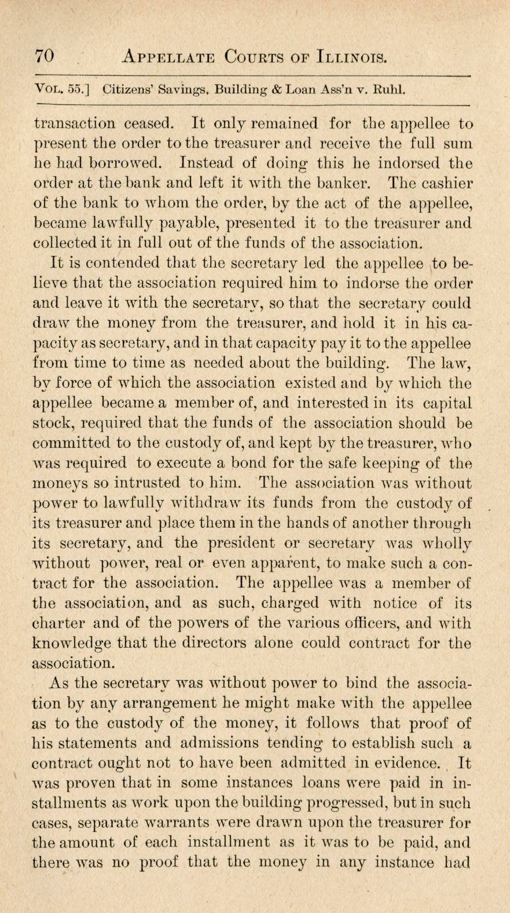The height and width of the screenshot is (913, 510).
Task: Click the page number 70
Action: (45, 57)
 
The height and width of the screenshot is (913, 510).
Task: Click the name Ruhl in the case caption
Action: (388, 90)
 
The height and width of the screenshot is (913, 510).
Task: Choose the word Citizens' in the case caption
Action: (127, 90)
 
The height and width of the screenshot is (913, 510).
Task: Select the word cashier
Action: (442, 183)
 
